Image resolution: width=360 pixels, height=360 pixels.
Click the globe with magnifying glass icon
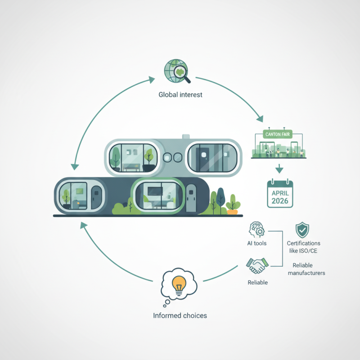pyautogui.click(x=177, y=72)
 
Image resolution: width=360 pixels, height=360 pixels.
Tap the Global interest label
pyautogui.click(x=180, y=94)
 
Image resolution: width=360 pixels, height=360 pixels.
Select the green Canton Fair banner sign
pyautogui.click(x=278, y=134)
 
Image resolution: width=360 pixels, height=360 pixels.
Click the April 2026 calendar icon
pyautogui.click(x=280, y=193)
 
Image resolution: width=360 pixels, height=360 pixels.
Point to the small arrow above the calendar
pyautogui.click(x=279, y=169)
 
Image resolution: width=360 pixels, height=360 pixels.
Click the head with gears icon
pyautogui.click(x=256, y=229)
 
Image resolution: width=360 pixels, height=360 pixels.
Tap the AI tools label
pyautogui.click(x=256, y=243)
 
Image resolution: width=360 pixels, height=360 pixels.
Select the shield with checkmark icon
pyautogui.click(x=302, y=230)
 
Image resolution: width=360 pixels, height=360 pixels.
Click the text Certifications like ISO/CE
pyautogui.click(x=303, y=247)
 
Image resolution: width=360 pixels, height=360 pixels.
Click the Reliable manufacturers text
pyautogui.click(x=306, y=269)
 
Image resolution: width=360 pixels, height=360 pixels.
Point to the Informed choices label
pyautogui.click(x=180, y=316)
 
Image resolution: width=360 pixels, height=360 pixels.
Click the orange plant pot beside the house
pyautogui.click(x=232, y=211)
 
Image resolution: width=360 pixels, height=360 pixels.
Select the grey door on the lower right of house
pyautogui.click(x=191, y=198)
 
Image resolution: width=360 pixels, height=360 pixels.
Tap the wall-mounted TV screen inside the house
pyautogui.click(x=155, y=191)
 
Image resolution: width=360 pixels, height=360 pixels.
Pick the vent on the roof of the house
pyautogui.click(x=186, y=137)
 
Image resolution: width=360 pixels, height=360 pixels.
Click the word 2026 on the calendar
pyautogui.click(x=280, y=201)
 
